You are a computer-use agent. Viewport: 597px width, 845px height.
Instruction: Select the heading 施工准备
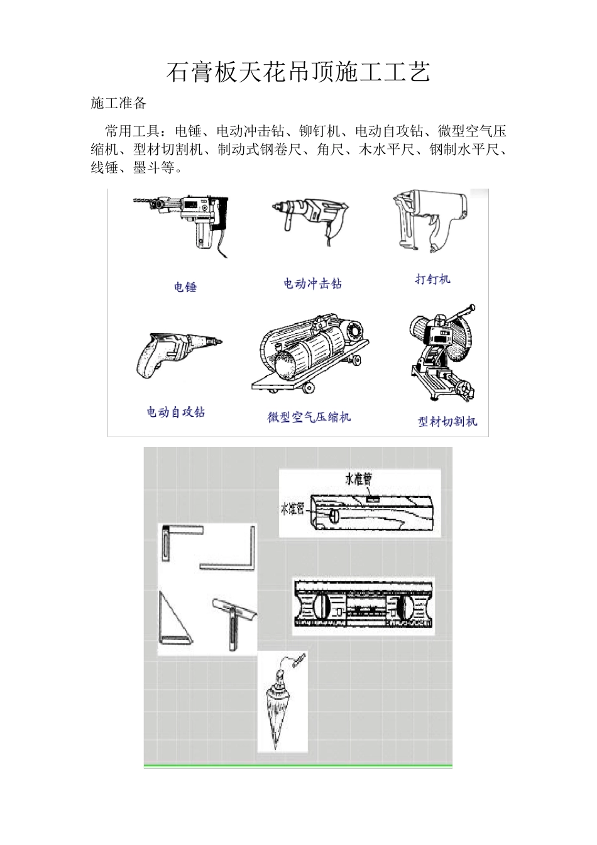(x=118, y=103)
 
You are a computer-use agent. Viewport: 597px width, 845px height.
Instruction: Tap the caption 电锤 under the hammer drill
(x=185, y=287)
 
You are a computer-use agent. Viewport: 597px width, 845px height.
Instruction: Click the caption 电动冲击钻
(x=312, y=284)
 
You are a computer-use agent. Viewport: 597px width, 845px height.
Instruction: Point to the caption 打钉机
(x=432, y=279)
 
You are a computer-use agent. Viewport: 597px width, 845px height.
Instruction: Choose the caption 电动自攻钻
(x=176, y=412)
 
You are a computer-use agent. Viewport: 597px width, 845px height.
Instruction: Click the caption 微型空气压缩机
(x=309, y=417)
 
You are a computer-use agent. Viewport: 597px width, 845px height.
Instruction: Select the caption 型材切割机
(x=447, y=421)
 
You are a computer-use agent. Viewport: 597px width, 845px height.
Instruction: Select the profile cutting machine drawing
(x=443, y=355)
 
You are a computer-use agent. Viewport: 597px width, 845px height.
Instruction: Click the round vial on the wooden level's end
(x=334, y=516)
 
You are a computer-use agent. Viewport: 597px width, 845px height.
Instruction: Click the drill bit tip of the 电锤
(x=137, y=201)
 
